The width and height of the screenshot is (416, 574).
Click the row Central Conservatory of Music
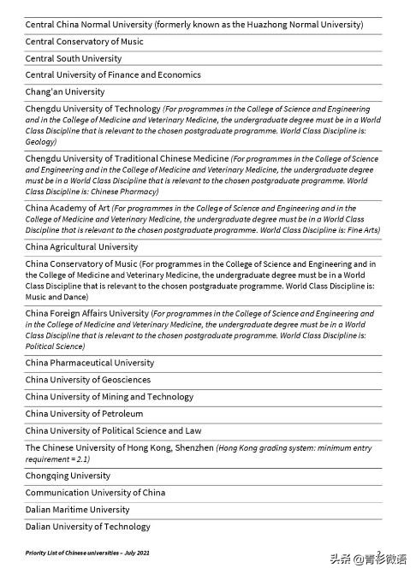[85, 42]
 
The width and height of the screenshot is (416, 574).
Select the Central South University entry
[74, 58]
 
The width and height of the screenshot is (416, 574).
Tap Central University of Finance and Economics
[113, 75]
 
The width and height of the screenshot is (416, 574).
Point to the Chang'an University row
[65, 92]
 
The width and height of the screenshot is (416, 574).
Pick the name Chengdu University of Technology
[92, 109]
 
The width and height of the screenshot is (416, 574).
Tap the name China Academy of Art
[68, 208]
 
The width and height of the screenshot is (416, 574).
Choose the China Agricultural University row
[81, 247]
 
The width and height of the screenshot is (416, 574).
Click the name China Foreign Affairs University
[87, 314]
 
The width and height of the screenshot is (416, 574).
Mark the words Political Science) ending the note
[55, 346]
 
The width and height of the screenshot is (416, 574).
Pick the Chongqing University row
[68, 476]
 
